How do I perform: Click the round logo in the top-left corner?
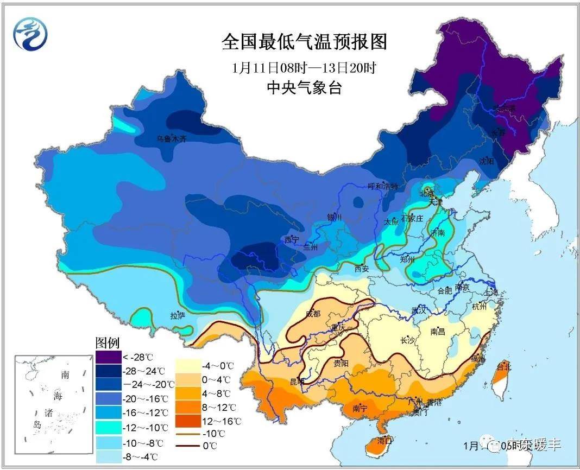pyautogui.click(x=30, y=34)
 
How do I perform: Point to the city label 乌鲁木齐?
pyautogui.click(x=171, y=139)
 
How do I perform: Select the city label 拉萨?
pyautogui.click(x=178, y=315)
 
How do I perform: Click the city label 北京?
pyautogui.click(x=427, y=193)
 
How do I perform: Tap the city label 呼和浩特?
pyautogui.click(x=383, y=186)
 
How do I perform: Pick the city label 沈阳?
pyautogui.click(x=487, y=161)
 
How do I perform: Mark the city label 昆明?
pyautogui.click(x=297, y=382)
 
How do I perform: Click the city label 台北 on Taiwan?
pyautogui.click(x=503, y=367)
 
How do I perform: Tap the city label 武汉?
pyautogui.click(x=419, y=311)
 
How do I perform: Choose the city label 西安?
pyautogui.click(x=362, y=268)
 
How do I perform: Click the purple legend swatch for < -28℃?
pyautogui.click(x=108, y=357)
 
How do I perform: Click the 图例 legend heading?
pyautogui.click(x=108, y=343)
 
